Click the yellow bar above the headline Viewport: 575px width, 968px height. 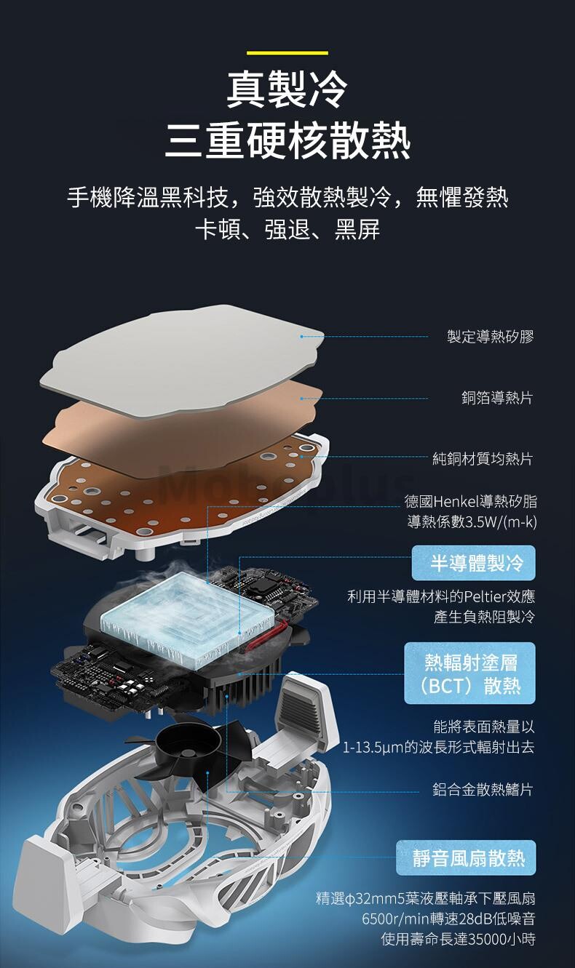[x=287, y=53]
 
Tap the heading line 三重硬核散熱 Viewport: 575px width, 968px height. [x=287, y=141]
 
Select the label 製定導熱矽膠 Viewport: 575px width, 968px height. [x=491, y=336]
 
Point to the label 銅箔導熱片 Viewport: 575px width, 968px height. [x=497, y=398]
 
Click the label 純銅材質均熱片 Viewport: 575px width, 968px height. [x=483, y=458]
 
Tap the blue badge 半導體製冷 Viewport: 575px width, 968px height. [x=473, y=563]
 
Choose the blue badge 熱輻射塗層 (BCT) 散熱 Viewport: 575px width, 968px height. [x=470, y=673]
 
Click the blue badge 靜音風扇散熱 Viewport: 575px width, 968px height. [x=466, y=857]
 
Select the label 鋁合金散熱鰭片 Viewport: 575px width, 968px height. [x=483, y=790]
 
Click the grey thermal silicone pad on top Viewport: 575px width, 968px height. [x=181, y=361]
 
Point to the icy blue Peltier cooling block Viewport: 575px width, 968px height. [x=188, y=612]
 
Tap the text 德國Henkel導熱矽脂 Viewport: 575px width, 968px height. [x=471, y=501]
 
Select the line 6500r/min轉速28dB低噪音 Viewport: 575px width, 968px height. [x=448, y=919]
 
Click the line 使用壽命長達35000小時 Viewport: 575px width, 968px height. [x=459, y=939]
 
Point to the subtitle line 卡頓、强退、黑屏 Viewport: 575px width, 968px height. [x=287, y=229]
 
